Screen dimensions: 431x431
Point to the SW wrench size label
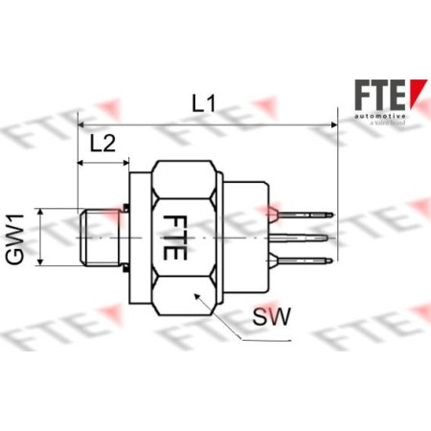(x=273, y=315)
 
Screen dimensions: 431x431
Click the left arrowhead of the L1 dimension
(x=81, y=124)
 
